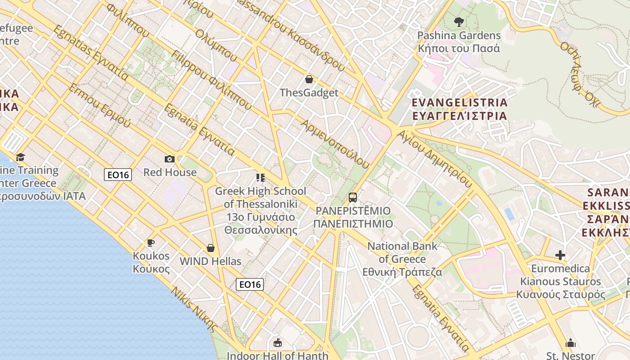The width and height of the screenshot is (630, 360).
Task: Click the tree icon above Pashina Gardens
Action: (459, 21)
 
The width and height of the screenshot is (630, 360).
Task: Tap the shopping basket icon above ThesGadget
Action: (309, 79)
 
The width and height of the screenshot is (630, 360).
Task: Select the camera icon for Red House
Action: (170, 159)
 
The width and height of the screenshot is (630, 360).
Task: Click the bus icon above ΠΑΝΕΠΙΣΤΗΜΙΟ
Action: (353, 197)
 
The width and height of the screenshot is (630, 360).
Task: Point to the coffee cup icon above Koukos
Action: (151, 243)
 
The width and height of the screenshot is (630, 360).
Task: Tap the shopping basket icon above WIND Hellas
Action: (210, 248)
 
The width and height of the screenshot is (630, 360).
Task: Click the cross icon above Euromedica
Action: (560, 255)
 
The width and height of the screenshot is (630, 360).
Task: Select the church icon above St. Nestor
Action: (571, 343)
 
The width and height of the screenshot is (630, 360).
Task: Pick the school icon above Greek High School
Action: (260, 178)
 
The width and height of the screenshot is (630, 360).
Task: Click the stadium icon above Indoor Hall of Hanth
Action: (278, 343)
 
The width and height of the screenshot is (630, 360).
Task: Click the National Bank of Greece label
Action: (402, 259)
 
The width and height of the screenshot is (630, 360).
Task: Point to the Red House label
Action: (170, 172)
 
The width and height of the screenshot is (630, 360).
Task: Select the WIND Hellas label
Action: (210, 261)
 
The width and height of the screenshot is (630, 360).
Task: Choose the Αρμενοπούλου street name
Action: (335, 144)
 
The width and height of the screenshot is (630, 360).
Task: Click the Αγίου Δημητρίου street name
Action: (436, 158)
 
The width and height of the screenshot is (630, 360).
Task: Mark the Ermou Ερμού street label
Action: (99, 105)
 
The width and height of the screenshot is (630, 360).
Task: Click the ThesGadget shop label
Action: (309, 93)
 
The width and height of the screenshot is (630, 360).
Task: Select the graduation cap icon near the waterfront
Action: (20, 157)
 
